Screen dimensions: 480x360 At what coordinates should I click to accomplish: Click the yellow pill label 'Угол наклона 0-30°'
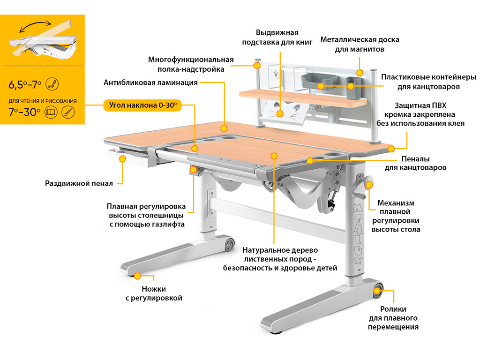pyautogui.click(x=142, y=105)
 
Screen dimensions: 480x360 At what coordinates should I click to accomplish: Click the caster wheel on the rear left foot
pyautogui.click(x=230, y=244)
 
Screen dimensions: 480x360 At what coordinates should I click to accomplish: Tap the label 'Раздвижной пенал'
pyautogui.click(x=79, y=183)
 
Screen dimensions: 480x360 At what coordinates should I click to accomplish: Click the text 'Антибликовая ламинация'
pyautogui.click(x=150, y=82)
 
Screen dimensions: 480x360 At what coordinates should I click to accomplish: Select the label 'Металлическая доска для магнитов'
pyautogui.click(x=360, y=45)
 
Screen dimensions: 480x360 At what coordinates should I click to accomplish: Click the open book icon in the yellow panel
pyautogui.click(x=51, y=112)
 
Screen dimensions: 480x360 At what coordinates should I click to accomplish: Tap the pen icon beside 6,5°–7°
pyautogui.click(x=52, y=84)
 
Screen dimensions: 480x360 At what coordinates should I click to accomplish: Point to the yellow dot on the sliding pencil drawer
pyautogui.click(x=122, y=158)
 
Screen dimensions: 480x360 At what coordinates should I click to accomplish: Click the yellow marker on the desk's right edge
pyautogui.click(x=391, y=149)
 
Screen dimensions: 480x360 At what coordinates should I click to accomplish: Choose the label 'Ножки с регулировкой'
pyautogui.click(x=154, y=293)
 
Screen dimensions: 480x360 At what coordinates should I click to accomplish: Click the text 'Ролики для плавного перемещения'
pyautogui.click(x=393, y=318)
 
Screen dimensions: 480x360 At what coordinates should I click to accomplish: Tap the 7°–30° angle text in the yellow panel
pyautogui.click(x=24, y=112)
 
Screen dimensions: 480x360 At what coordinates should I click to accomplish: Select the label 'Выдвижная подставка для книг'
pyautogui.click(x=277, y=37)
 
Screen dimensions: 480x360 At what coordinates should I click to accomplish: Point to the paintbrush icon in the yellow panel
pyautogui.click(x=68, y=112)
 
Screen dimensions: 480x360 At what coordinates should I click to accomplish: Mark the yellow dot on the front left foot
pyautogui.click(x=137, y=276)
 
